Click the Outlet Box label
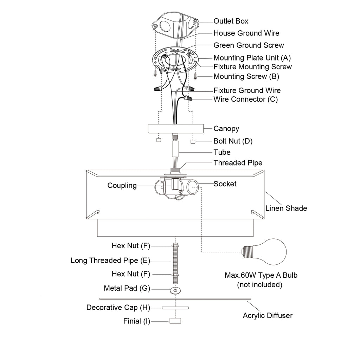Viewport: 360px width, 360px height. [x=231, y=21]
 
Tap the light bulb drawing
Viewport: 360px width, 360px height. [x=267, y=252]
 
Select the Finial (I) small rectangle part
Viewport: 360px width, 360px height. [x=175, y=321]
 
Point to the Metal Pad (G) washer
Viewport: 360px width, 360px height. [x=174, y=290]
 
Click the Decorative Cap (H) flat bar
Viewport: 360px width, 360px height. [x=175, y=308]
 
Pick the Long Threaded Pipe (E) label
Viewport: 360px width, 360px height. [x=110, y=261]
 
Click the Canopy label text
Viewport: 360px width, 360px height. [x=226, y=129]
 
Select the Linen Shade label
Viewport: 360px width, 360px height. [x=286, y=208]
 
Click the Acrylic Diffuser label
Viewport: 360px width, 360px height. [x=268, y=315]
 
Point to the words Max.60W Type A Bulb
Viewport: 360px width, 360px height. [x=261, y=275]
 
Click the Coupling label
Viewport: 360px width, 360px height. [x=122, y=185]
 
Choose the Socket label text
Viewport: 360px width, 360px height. [x=225, y=184]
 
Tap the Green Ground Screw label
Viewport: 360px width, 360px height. [x=249, y=45]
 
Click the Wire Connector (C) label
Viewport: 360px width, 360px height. [x=245, y=99]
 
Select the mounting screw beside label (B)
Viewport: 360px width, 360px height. [x=195, y=75]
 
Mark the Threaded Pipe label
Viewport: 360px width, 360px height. [x=238, y=163]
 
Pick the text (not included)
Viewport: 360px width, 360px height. [x=259, y=284]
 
